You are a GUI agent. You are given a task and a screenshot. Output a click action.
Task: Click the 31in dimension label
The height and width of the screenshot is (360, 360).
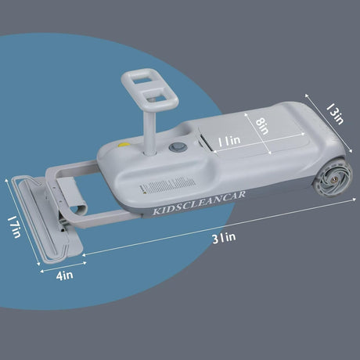(x=224, y=238)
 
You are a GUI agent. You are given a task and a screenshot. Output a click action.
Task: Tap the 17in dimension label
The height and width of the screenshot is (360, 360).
(x=14, y=227)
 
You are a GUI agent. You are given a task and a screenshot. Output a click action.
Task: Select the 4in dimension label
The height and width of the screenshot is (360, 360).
(x=64, y=275)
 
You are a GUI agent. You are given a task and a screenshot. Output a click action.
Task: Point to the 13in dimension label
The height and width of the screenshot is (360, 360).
(x=335, y=113)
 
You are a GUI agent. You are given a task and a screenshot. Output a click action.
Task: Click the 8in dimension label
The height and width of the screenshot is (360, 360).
(x=261, y=126)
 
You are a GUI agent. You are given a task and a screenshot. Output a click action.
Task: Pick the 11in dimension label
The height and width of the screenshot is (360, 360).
(x=229, y=141)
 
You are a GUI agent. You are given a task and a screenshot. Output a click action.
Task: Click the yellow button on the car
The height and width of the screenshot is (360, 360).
(x=124, y=145)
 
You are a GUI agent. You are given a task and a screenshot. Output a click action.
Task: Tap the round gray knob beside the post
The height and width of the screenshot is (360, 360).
(x=178, y=147)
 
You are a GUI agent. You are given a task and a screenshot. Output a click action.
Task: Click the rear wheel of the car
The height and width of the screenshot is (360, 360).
(x=333, y=178)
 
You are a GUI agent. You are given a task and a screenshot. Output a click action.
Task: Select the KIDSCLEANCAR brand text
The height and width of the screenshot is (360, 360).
(x=199, y=203)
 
